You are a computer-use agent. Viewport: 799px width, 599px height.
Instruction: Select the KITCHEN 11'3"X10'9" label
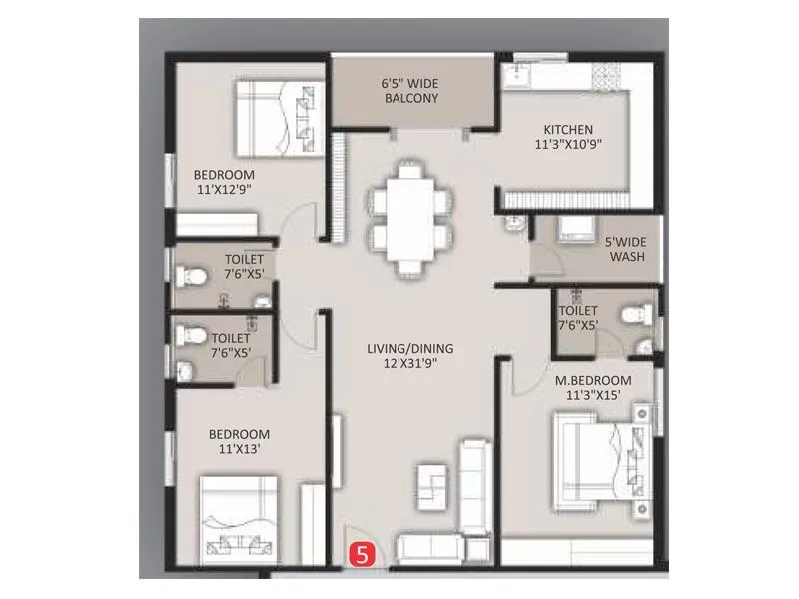568,136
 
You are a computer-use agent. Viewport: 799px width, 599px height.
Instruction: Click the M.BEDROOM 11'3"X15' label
593,387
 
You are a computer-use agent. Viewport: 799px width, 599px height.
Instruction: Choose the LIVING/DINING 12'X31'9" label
409,356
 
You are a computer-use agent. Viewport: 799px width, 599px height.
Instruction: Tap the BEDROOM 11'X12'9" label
225,183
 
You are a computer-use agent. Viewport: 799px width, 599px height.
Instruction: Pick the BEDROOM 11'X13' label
239,442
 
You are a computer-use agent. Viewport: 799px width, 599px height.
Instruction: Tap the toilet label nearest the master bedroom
578,316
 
